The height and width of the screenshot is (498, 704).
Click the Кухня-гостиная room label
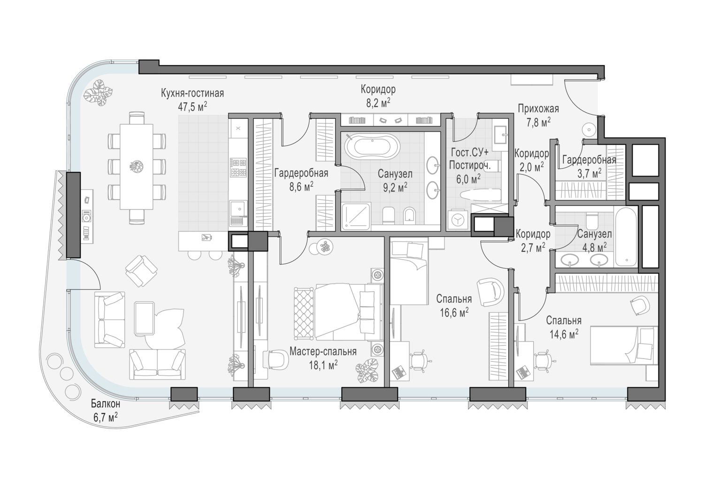tap(192, 93)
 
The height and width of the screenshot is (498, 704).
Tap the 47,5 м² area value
tap(192, 107)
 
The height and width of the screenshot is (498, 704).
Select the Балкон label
tap(106, 403)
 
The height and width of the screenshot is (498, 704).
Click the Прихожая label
tap(538, 109)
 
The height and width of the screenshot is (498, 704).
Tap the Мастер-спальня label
tap(323, 351)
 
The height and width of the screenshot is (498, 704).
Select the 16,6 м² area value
tap(454, 313)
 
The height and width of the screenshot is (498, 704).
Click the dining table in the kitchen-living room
tap(137, 167)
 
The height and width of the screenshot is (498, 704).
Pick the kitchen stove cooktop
tap(238, 168)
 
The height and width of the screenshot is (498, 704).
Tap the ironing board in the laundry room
tap(480, 195)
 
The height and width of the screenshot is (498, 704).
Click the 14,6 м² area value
tap(564, 334)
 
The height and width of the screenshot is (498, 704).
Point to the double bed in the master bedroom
tap(346, 312)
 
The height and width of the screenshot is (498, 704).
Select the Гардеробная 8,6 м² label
tap(301, 180)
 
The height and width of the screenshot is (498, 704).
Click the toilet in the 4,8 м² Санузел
tap(593, 221)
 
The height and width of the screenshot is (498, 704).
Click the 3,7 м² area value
tap(589, 173)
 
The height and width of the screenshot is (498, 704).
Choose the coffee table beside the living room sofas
tap(144, 318)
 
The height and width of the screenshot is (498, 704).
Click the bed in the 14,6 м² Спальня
tap(624, 345)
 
